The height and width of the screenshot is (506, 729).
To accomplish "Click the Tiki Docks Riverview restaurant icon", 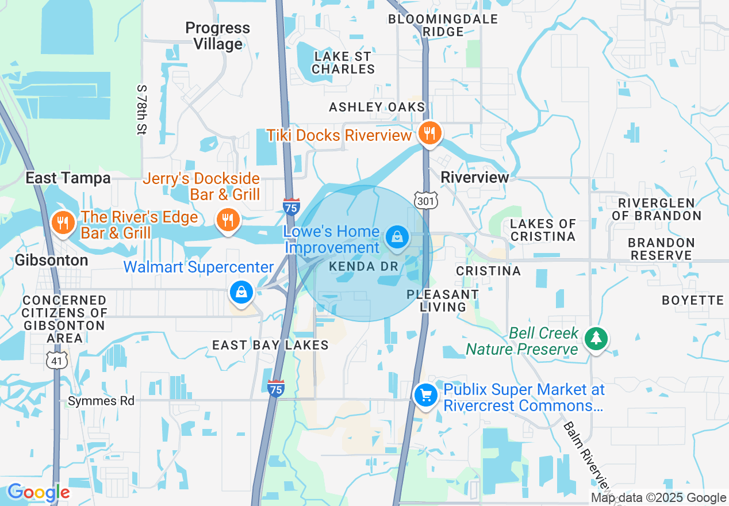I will coord(428,133).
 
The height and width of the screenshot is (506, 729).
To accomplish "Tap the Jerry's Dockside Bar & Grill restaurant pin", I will coord(228,219).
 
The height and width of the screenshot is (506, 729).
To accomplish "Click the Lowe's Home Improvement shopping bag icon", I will coord(397,236).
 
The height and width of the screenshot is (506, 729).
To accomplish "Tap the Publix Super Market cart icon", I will coord(426,396).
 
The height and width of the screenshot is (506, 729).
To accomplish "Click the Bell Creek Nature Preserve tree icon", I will coord(596,338).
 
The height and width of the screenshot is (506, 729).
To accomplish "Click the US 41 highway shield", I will coord(57,361).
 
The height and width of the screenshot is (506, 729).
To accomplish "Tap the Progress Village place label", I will coord(218,36).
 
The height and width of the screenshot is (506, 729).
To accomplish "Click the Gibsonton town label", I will coord(52,260).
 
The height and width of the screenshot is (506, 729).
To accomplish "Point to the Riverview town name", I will coord(474,177).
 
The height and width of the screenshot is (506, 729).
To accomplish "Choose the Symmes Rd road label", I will coord(101,401).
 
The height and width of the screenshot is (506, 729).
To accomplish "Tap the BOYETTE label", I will coord(692,300).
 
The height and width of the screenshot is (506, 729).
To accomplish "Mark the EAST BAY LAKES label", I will coord(270,345).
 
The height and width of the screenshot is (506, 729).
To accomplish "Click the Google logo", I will coord(39,493).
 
